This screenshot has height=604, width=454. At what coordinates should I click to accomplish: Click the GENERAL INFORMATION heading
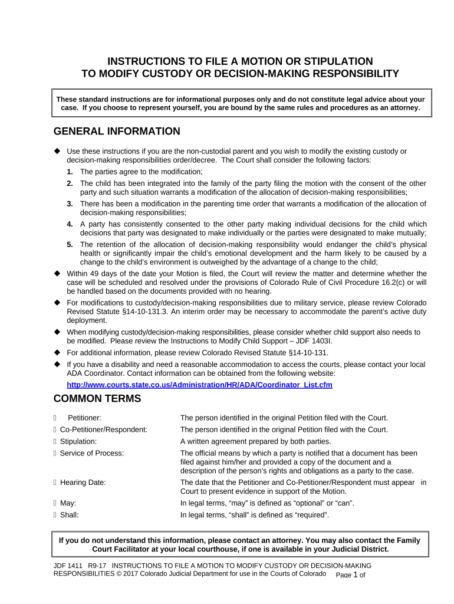tap(117, 131)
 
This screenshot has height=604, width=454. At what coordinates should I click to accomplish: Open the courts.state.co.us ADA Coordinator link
tap(199, 385)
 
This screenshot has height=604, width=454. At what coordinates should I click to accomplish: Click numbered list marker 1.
tap(70, 172)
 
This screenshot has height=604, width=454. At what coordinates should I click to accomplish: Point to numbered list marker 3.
tap(70, 203)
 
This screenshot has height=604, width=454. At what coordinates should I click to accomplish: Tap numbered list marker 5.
tap(70, 244)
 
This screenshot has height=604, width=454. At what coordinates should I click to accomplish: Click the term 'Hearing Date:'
tap(83, 482)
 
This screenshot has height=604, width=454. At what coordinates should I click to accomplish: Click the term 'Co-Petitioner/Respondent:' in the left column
tap(104, 429)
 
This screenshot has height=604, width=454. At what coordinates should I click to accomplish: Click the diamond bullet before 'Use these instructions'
tap(58, 151)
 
